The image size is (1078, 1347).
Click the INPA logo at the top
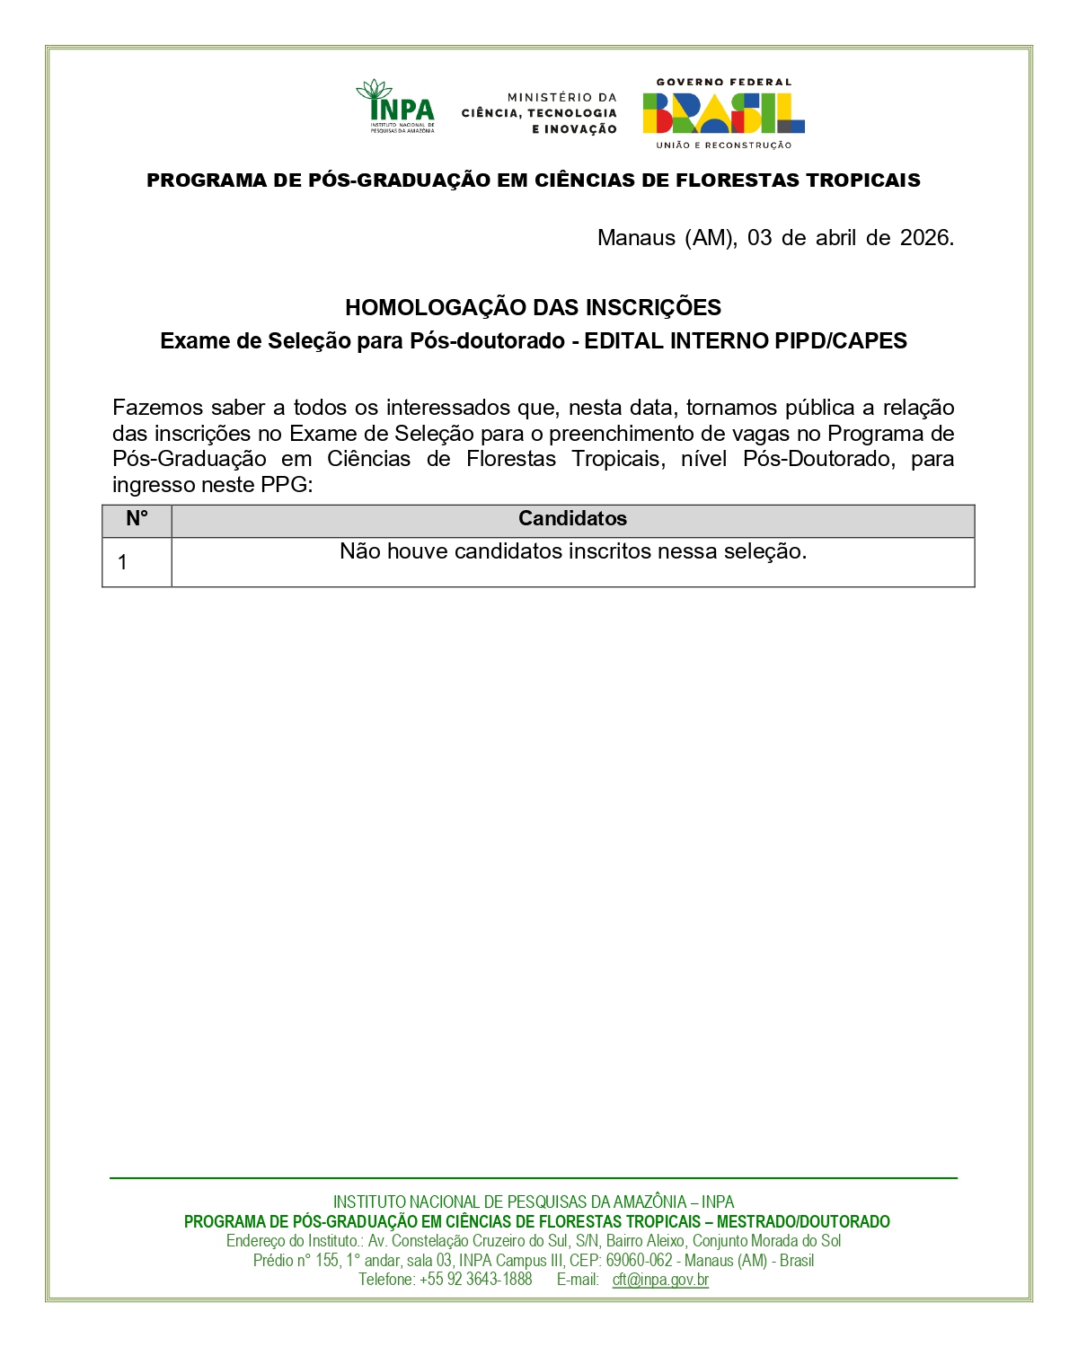coord(396,107)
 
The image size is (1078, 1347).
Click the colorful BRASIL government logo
coord(723,113)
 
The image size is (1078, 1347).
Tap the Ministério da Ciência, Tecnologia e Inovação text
coord(540,113)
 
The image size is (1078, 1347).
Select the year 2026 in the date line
coord(924,238)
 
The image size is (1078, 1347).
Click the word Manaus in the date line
coord(636,238)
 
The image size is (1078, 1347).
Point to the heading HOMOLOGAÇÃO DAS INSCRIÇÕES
coord(533,308)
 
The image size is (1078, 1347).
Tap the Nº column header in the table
coord(137,519)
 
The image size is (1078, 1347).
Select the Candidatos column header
coord(572,519)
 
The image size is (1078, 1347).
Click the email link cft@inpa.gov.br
coord(660,1280)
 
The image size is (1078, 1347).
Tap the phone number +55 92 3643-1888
coord(475,1280)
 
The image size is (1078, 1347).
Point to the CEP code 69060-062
coord(639,1261)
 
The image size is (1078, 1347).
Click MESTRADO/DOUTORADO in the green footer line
coord(803,1222)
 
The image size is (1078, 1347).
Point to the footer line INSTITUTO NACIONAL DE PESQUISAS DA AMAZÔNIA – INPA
coord(533,1202)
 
